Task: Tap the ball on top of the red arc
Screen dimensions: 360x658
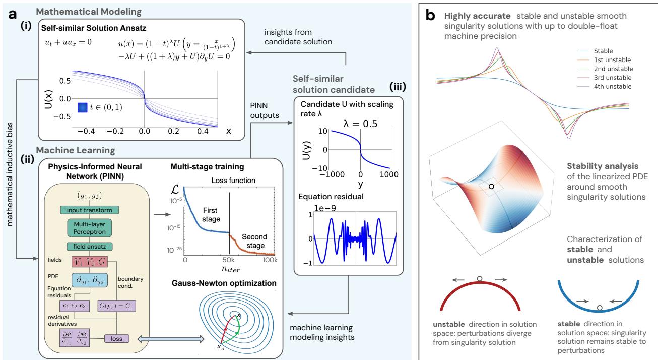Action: click(x=478, y=277)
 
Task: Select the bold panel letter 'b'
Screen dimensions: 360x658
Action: click(x=431, y=16)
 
